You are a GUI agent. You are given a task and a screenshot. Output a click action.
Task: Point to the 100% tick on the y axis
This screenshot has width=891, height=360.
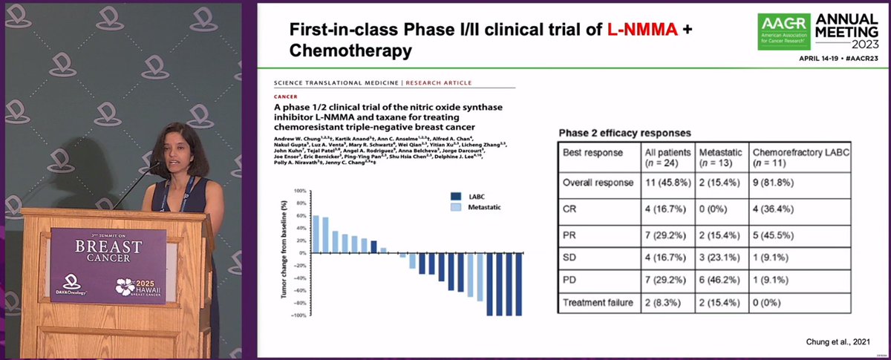point(300,191)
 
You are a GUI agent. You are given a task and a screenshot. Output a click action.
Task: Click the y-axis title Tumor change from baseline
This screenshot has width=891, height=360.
point(284,254)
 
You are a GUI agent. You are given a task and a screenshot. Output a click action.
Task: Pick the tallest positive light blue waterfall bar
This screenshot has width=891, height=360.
point(316,234)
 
